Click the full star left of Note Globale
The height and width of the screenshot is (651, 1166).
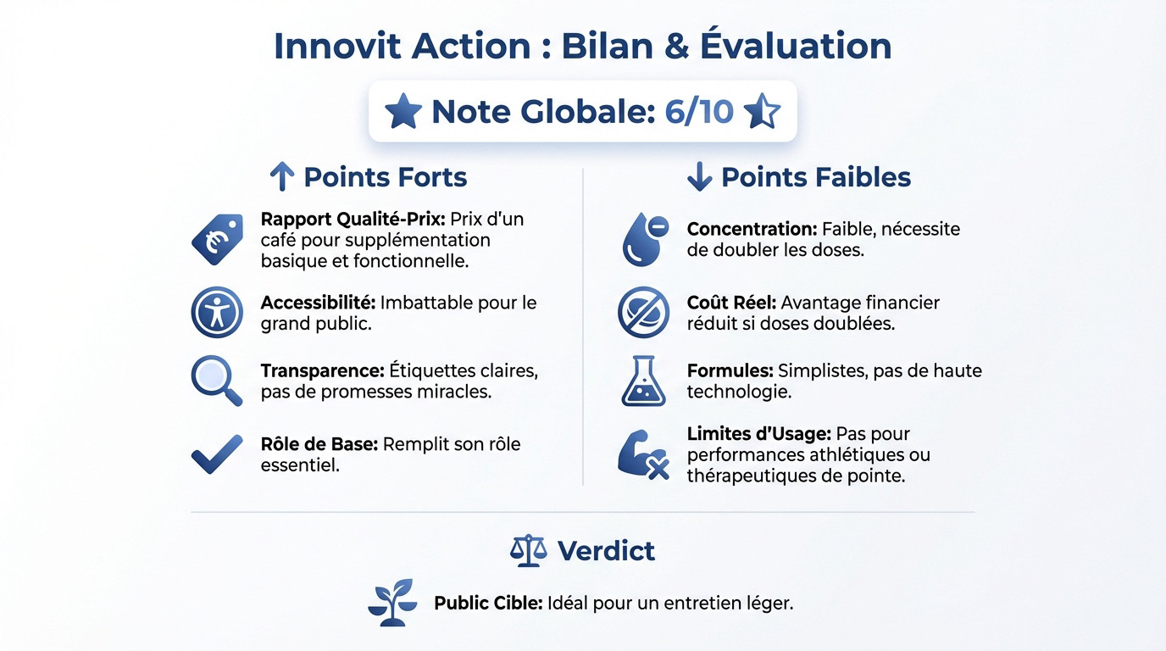click(403, 112)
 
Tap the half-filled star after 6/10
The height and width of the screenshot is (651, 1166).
click(761, 112)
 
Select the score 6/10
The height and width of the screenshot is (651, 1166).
click(699, 112)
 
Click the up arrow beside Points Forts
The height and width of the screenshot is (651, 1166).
click(281, 177)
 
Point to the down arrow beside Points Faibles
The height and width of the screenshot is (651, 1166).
click(699, 177)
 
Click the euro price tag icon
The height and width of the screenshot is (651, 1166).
click(217, 239)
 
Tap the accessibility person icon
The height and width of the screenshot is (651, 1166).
click(217, 313)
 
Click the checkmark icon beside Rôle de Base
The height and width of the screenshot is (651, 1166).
click(217, 455)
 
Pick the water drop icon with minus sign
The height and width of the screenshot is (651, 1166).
click(644, 239)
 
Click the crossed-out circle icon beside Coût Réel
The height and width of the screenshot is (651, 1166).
click(644, 313)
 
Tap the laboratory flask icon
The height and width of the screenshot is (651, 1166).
click(644, 381)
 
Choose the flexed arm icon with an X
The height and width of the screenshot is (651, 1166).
click(644, 455)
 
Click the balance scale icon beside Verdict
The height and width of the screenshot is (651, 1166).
click(529, 551)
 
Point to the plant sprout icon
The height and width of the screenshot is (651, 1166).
click(393, 603)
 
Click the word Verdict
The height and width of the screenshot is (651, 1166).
click(606, 551)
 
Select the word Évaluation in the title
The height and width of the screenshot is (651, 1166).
click(796, 46)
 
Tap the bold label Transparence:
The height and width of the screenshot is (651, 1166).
click(323, 370)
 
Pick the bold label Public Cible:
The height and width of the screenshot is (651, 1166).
click(488, 604)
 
